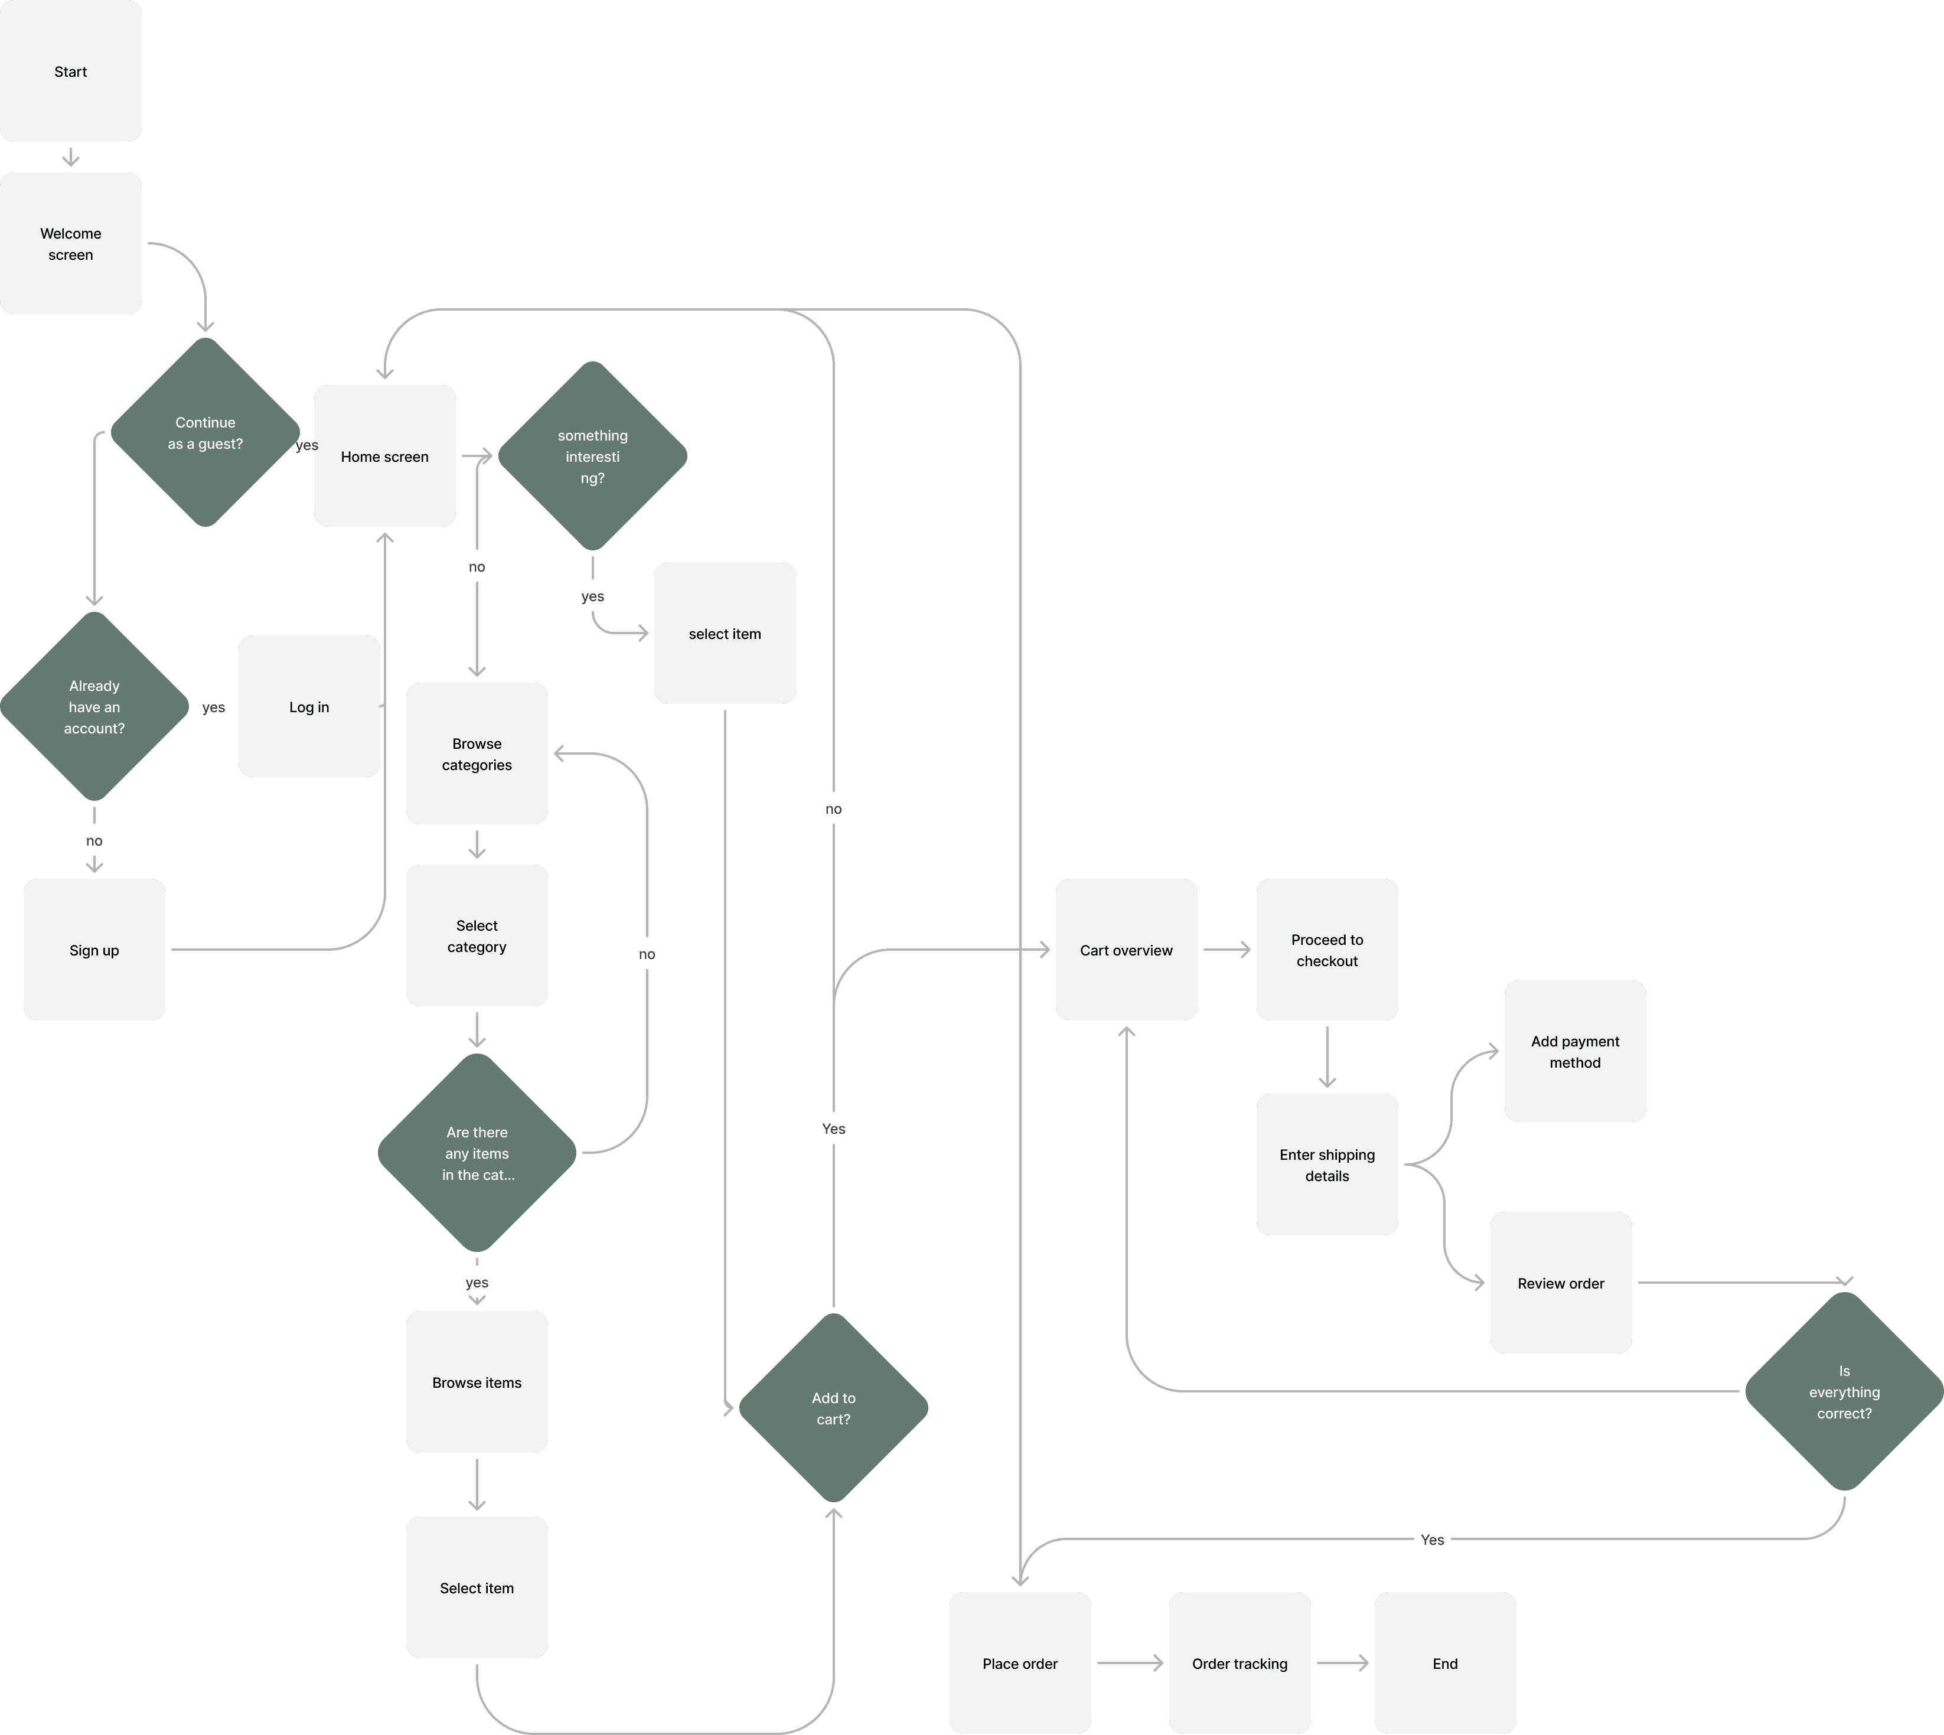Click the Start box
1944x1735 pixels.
click(x=70, y=71)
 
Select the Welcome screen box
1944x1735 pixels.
click(x=70, y=243)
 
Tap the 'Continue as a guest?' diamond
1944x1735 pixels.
click(x=205, y=433)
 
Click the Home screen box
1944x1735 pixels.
click(x=384, y=456)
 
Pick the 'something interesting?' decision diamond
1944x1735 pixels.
click(x=592, y=456)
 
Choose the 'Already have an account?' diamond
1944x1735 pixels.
click(x=94, y=706)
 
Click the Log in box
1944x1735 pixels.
click(x=309, y=706)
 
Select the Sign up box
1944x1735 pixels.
click(x=94, y=950)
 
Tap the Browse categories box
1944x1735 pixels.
click(x=477, y=753)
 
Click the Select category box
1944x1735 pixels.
click(x=477, y=935)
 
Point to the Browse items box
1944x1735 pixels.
click(x=477, y=1381)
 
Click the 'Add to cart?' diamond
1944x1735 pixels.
click(x=833, y=1408)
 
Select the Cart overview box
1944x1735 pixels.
click(x=1126, y=950)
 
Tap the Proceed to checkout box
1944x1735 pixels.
click(x=1327, y=950)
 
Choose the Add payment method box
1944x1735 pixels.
click(x=1575, y=1051)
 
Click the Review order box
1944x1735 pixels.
click(x=1561, y=1282)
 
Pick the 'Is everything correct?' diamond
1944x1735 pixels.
click(x=1844, y=1391)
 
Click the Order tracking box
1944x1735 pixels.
click(x=1240, y=1662)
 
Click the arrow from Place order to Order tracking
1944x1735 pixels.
click(x=1130, y=1662)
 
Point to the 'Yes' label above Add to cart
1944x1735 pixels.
click(x=833, y=1129)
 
